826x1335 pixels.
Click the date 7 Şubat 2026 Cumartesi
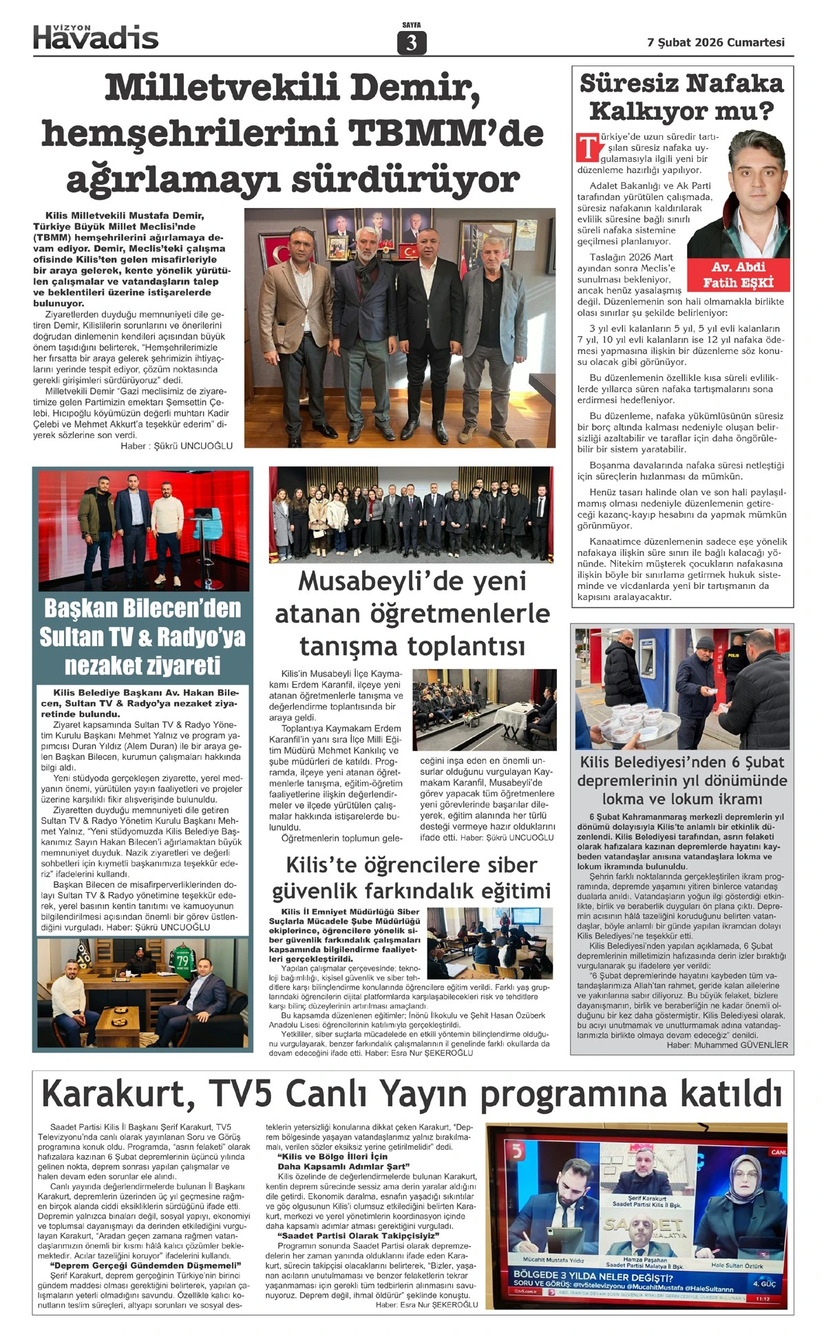coord(716,42)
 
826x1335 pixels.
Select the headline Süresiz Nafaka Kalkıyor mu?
coord(681,97)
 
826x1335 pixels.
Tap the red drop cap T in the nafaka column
coord(588,146)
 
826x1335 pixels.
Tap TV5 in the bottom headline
coord(240,1093)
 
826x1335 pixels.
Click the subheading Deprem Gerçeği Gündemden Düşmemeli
coord(145,1265)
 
